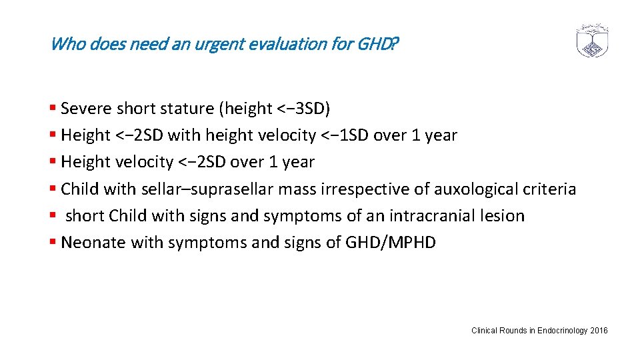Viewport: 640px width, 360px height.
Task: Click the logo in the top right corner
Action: (x=593, y=41)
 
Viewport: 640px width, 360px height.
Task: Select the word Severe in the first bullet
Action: (x=87, y=108)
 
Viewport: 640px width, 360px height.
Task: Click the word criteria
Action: (x=548, y=189)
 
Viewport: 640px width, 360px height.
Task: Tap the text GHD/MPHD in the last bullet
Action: (x=390, y=243)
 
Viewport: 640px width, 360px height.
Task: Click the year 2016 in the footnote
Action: (x=599, y=331)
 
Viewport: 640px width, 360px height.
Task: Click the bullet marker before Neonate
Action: (x=53, y=243)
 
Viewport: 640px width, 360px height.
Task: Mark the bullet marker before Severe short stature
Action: (x=53, y=108)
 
